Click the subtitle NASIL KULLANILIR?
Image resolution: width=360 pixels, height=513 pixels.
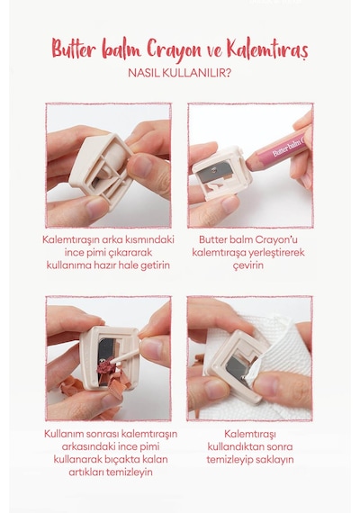coord(180,73)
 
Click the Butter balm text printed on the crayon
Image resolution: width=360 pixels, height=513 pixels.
coord(288,148)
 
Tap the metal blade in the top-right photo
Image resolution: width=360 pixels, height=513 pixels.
coord(215,171)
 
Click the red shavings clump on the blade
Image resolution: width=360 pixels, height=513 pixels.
coord(106,366)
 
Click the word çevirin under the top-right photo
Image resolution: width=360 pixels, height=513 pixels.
coord(248,265)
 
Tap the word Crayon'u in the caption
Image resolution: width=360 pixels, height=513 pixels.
coord(276,239)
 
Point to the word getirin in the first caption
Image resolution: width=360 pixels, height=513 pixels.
coord(155,265)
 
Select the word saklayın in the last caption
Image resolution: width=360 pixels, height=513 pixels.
coord(274,459)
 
